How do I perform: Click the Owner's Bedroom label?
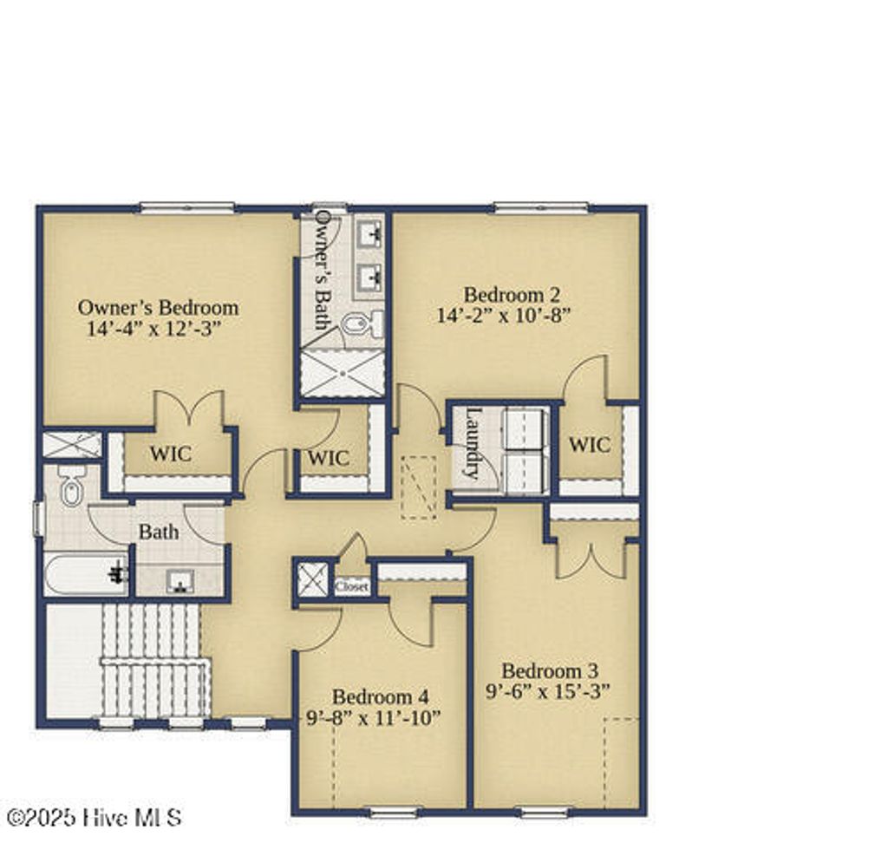(x=158, y=307)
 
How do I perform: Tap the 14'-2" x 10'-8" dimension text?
(x=504, y=315)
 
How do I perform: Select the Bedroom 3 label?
(x=550, y=670)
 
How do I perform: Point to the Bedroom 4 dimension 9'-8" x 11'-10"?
(x=374, y=717)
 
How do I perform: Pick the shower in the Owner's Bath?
(x=343, y=373)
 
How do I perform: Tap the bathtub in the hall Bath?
(x=85, y=573)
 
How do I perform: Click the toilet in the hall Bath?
(x=71, y=487)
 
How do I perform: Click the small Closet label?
(x=352, y=587)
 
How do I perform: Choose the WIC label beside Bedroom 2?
(x=590, y=445)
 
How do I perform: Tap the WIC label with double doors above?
(x=170, y=454)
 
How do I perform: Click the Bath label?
(x=159, y=531)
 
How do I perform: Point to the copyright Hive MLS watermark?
(x=94, y=816)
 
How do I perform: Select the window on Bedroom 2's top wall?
(x=541, y=208)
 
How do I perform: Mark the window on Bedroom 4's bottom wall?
(x=393, y=813)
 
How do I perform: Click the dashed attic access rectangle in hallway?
(x=419, y=487)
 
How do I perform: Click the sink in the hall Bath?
(x=180, y=579)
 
